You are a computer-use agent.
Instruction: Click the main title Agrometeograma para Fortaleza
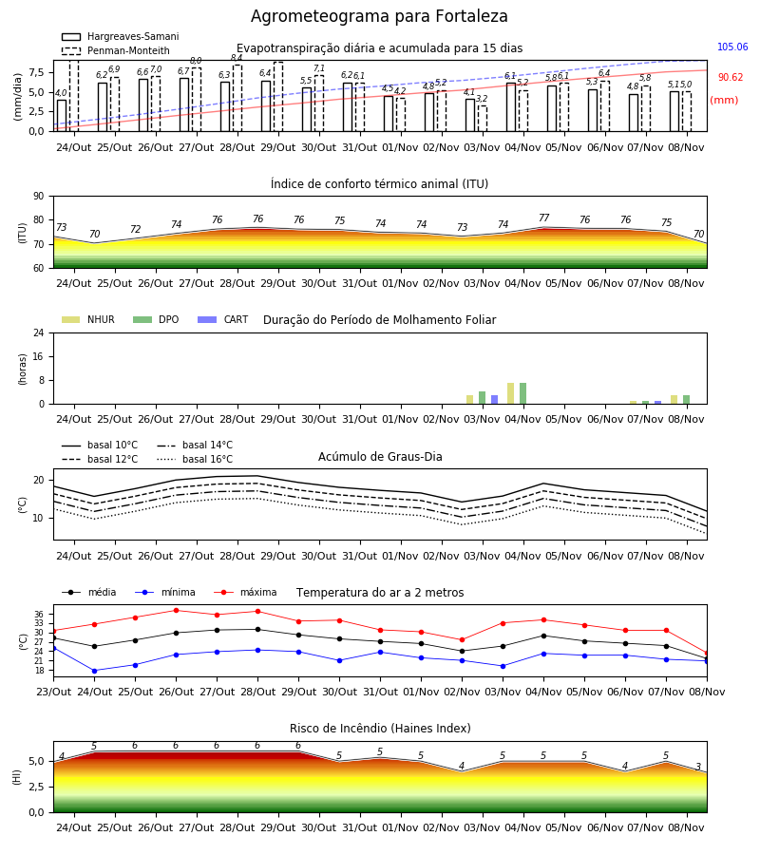pyautogui.click(x=379, y=16)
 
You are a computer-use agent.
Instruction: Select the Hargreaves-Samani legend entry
pyautogui.click(x=121, y=36)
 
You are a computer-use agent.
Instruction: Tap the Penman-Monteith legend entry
pyautogui.click(x=116, y=50)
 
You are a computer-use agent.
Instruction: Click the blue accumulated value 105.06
pyautogui.click(x=732, y=47)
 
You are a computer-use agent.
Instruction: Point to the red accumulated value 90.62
pyautogui.click(x=730, y=77)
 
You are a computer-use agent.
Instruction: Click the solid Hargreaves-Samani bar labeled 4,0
pyautogui.click(x=62, y=116)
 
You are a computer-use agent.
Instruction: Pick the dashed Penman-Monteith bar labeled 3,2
pyautogui.click(x=483, y=119)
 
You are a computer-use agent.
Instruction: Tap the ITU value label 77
pyautogui.click(x=543, y=218)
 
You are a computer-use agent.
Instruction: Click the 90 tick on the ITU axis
pyautogui.click(x=39, y=197)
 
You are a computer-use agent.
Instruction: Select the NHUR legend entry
pyautogui.click(x=88, y=319)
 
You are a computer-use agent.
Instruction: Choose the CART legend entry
pyautogui.click(x=222, y=319)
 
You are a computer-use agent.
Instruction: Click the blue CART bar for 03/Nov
pyautogui.click(x=495, y=400)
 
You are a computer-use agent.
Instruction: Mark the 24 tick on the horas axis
pyautogui.click(x=39, y=332)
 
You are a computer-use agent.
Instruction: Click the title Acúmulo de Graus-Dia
pyautogui.click(x=380, y=456)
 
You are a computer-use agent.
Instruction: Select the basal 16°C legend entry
pyautogui.click(x=195, y=459)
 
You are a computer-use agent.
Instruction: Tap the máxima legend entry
pyautogui.click(x=245, y=592)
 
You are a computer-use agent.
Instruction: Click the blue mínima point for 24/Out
pyautogui.click(x=94, y=671)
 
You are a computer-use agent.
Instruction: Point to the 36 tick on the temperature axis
pyautogui.click(x=39, y=614)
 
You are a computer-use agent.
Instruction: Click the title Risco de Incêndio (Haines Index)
pyautogui.click(x=380, y=728)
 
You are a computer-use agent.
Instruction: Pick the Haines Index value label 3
pyautogui.click(x=698, y=767)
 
